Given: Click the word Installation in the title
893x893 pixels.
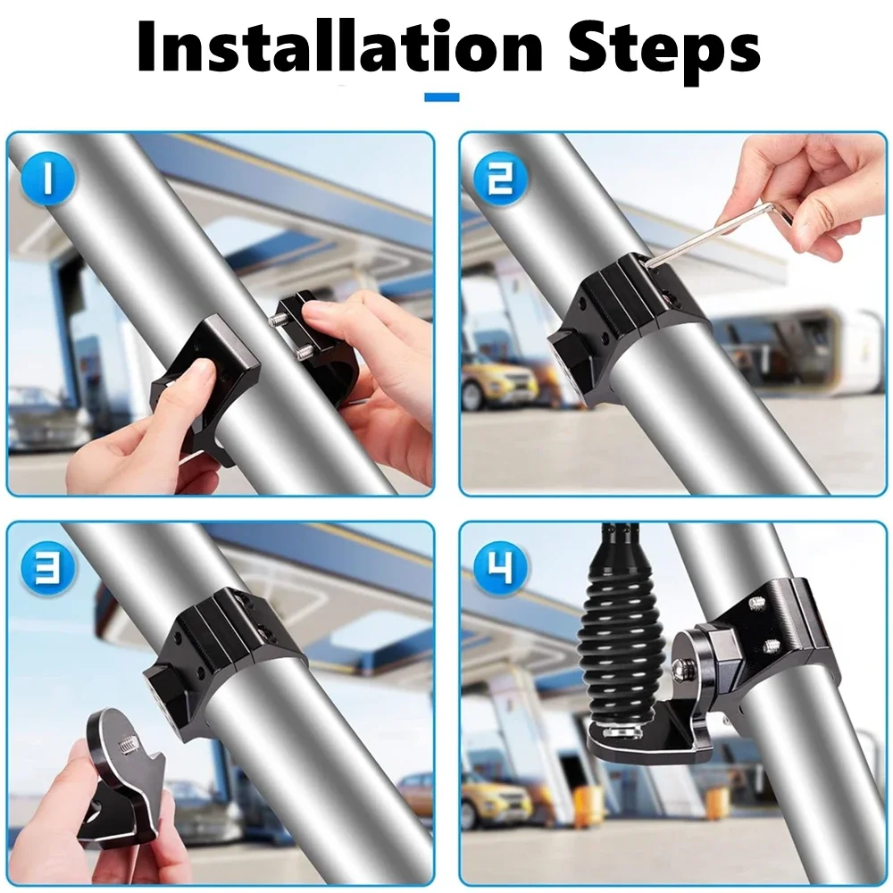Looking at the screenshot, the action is coord(340,46).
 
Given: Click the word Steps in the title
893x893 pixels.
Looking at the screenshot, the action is coord(664,50).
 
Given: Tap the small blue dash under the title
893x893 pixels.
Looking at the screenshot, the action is coord(442,97).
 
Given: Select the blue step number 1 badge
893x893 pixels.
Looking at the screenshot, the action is coord(48,179).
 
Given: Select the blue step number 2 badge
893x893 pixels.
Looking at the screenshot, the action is coord(501,179).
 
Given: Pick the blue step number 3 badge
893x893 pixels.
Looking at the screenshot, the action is coord(48,568).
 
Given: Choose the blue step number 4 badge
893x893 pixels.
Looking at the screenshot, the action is coord(501,568).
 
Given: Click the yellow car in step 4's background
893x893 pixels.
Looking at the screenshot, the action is coord(495,797).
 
